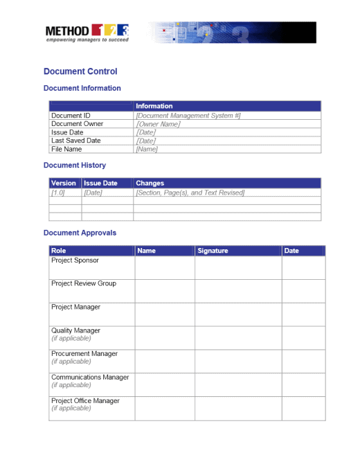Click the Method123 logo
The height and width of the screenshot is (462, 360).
click(87, 33)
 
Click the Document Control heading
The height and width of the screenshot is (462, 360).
click(80, 71)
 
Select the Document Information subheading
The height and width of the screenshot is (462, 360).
click(82, 88)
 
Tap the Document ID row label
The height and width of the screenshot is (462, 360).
click(71, 116)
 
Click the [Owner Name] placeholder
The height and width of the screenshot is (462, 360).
click(158, 124)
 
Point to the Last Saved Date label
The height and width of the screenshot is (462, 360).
click(75, 141)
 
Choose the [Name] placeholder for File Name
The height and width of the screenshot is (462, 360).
click(147, 149)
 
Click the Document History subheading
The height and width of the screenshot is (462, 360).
click(75, 165)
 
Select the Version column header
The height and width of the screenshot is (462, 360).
click(64, 184)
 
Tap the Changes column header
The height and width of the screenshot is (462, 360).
click(150, 184)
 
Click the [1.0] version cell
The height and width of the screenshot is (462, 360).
click(58, 193)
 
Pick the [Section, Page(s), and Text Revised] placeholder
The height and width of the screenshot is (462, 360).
click(190, 193)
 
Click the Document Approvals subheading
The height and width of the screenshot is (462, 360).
click(80, 233)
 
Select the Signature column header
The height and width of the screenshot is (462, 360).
click(213, 251)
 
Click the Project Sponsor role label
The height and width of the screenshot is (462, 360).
click(75, 260)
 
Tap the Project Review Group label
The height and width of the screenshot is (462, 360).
click(84, 283)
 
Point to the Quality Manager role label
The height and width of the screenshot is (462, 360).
click(75, 330)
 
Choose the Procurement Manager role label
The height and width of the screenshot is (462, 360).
click(84, 354)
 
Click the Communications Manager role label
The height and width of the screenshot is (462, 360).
click(90, 377)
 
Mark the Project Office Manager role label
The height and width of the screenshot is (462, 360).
click(85, 401)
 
